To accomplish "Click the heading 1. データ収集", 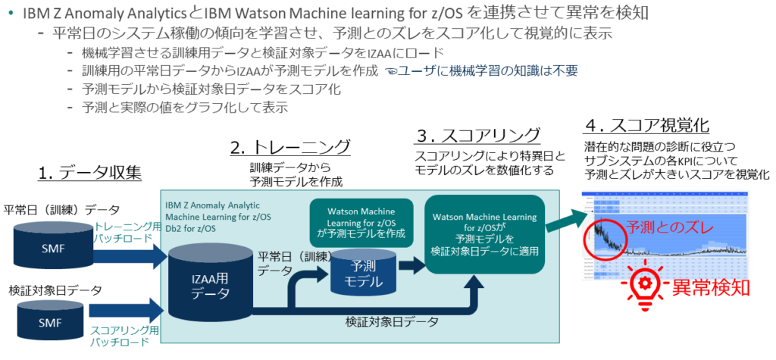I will pyautogui.click(x=90, y=174).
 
